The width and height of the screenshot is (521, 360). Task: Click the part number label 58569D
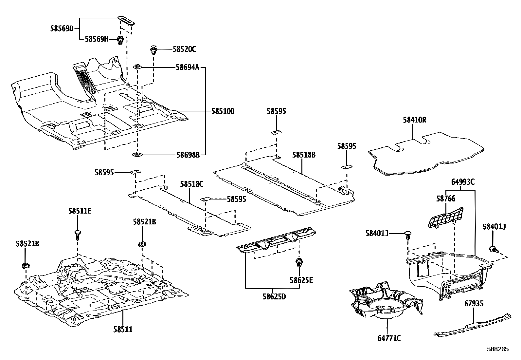[x=62, y=28]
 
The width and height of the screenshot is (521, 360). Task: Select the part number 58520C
[x=184, y=49]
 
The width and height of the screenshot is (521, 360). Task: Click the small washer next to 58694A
[x=137, y=67]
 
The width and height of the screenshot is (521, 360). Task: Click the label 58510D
[x=223, y=111]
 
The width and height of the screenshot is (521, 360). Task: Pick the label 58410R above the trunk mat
[x=414, y=120]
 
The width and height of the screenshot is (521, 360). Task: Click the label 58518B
[x=304, y=155]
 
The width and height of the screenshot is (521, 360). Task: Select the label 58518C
[x=191, y=184]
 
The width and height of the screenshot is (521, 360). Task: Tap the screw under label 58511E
[x=78, y=235]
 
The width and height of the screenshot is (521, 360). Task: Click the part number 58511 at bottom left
[x=123, y=329]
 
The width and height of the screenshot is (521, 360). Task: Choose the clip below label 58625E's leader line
[x=298, y=262]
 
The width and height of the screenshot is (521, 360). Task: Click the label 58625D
[x=274, y=297]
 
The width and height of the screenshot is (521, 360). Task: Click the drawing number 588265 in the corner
[x=497, y=349]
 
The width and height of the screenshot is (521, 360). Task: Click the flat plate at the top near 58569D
[x=126, y=20]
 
